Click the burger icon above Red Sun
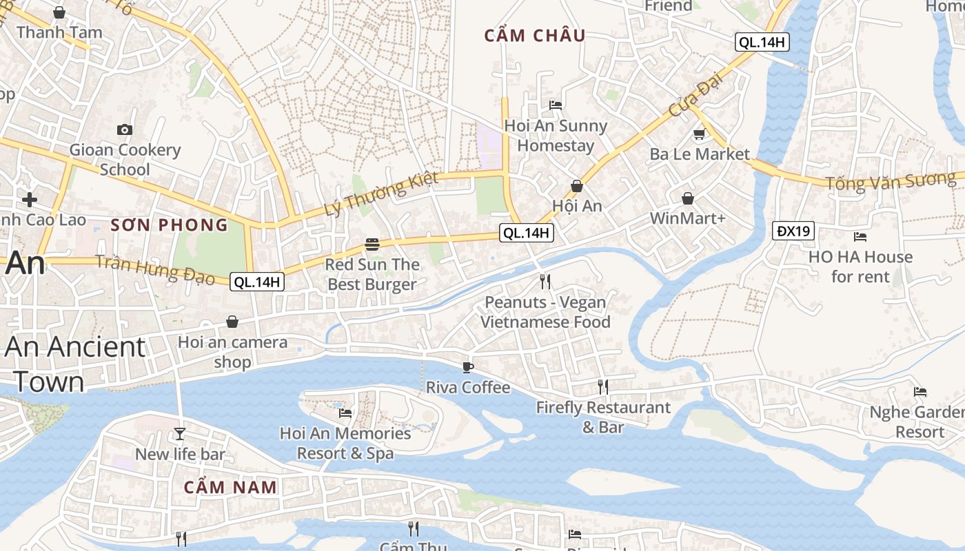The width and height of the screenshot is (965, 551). (x=372, y=245)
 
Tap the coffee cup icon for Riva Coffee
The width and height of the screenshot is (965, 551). (x=468, y=367)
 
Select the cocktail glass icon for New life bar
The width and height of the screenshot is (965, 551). (x=180, y=433)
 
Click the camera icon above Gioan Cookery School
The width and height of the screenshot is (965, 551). (x=125, y=129)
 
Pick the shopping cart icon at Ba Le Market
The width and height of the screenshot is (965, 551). (x=700, y=134)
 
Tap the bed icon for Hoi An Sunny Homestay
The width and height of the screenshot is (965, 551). (x=556, y=105)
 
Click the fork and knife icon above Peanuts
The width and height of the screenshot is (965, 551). (x=545, y=281)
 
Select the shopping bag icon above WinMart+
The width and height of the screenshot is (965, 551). (x=688, y=199)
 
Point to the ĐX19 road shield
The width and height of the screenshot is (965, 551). (x=793, y=231)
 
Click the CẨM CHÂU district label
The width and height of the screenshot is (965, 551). (x=535, y=36)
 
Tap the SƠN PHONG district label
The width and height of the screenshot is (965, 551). (x=170, y=225)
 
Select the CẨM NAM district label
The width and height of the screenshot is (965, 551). (x=230, y=487)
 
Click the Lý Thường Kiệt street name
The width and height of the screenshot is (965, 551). (x=381, y=195)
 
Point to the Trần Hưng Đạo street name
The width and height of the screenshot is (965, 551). (x=155, y=269)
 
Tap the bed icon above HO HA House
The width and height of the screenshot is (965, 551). (x=860, y=237)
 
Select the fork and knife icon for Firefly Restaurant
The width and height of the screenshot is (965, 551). (x=603, y=387)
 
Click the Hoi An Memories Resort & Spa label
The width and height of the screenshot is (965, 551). (x=345, y=443)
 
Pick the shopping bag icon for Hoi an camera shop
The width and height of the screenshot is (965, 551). (x=232, y=322)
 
